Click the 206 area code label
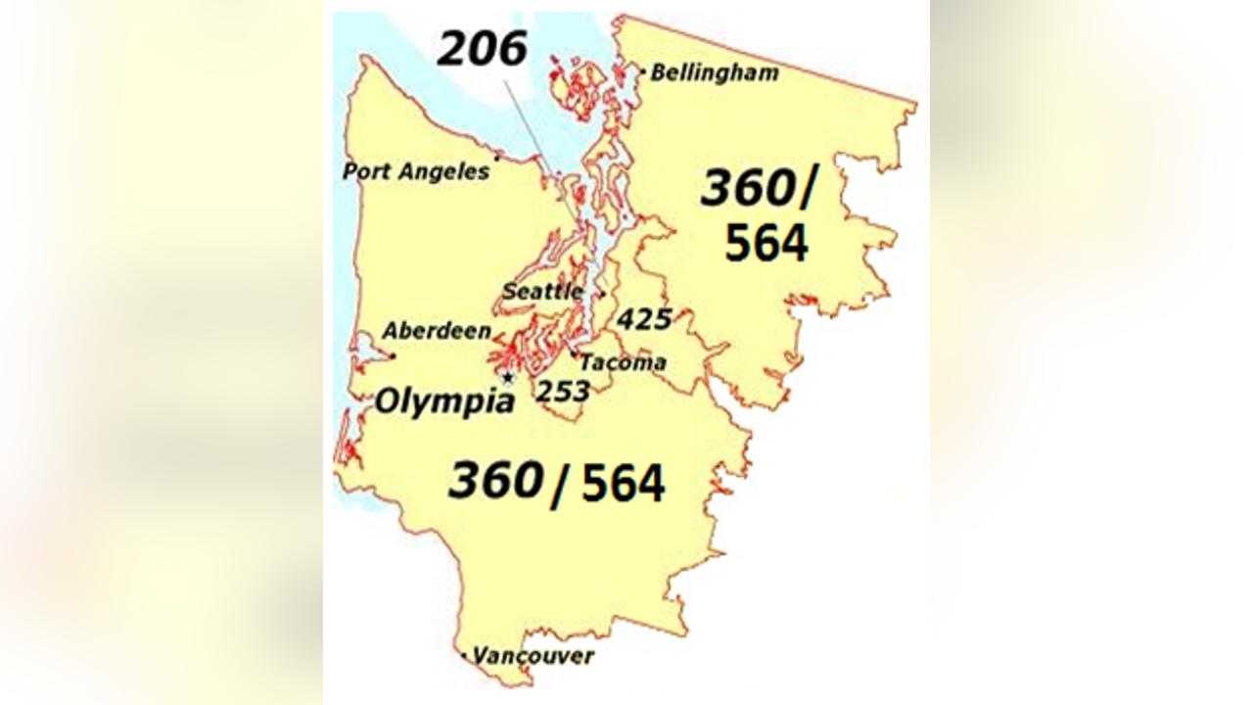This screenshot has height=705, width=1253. coord(482,49)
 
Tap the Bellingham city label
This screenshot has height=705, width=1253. coord(715,72)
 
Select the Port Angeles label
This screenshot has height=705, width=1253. coord(416,171)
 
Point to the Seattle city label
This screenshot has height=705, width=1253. coord(542,292)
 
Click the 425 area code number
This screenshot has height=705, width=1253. coord(645,319)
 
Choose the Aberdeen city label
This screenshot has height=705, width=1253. coord(437,331)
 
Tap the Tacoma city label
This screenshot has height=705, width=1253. coord(624,362)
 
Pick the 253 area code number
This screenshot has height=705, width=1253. coord(563,392)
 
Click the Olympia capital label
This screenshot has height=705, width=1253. coord(445,401)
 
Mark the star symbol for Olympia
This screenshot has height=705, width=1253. coord(507,377)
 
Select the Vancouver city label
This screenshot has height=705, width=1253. coord(534,656)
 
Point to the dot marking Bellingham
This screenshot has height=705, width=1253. coord(642,70)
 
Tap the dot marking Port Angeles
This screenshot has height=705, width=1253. coord(497,157)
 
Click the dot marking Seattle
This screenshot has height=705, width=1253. coord(603,293)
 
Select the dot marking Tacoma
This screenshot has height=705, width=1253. coord(574,353)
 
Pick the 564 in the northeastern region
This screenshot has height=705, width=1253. coord(766,244)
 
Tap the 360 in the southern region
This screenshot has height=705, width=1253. coord(495,481)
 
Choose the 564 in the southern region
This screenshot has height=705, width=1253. coord(624,484)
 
